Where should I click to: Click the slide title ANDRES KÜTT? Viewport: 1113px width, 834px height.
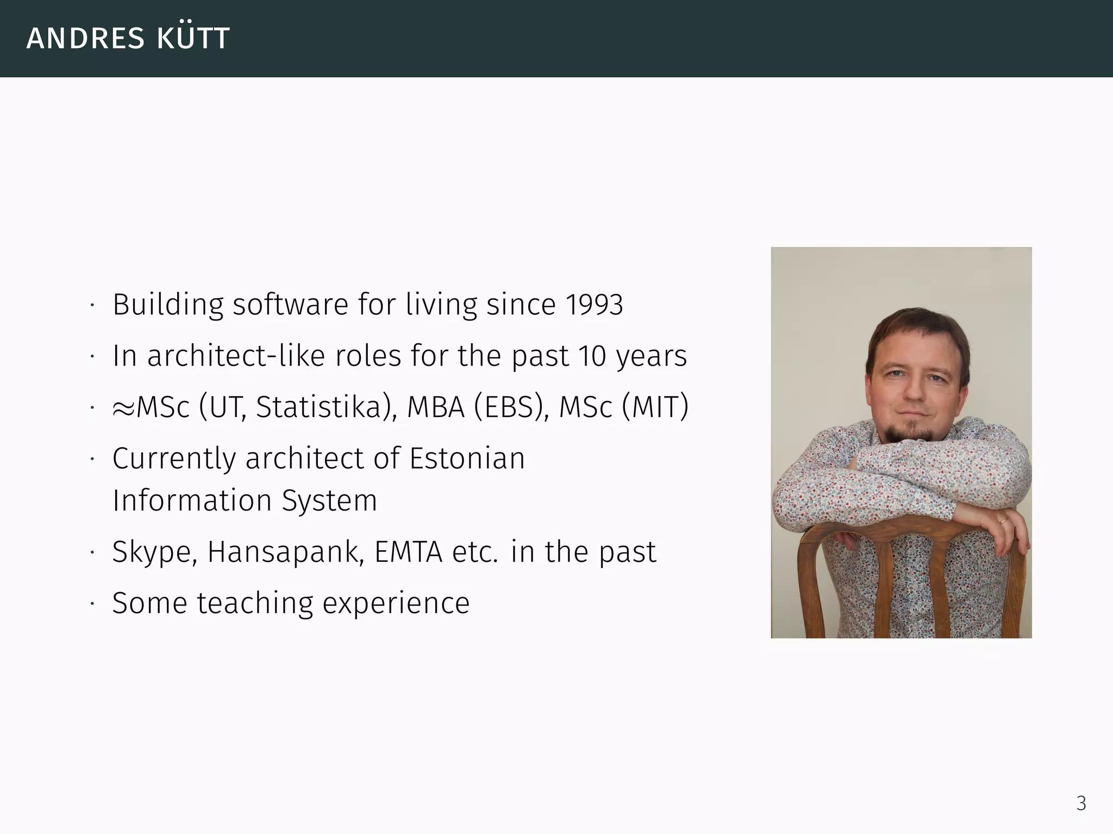coord(128,38)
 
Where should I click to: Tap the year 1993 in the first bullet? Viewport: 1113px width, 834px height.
coord(594,305)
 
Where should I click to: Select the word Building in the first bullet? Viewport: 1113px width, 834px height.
coord(168,305)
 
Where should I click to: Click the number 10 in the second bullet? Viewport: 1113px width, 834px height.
coord(592,356)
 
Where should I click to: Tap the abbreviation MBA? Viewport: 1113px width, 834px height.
coord(436,407)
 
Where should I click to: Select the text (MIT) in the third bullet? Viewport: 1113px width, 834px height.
coord(655,407)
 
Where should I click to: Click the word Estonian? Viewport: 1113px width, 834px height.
coord(467,458)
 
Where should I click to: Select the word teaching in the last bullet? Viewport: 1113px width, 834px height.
coord(255,603)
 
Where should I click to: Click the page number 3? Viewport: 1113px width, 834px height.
coord(1081,803)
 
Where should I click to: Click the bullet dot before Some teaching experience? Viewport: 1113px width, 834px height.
coord(93,604)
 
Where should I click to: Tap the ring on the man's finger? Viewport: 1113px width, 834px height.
coord(1003,521)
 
